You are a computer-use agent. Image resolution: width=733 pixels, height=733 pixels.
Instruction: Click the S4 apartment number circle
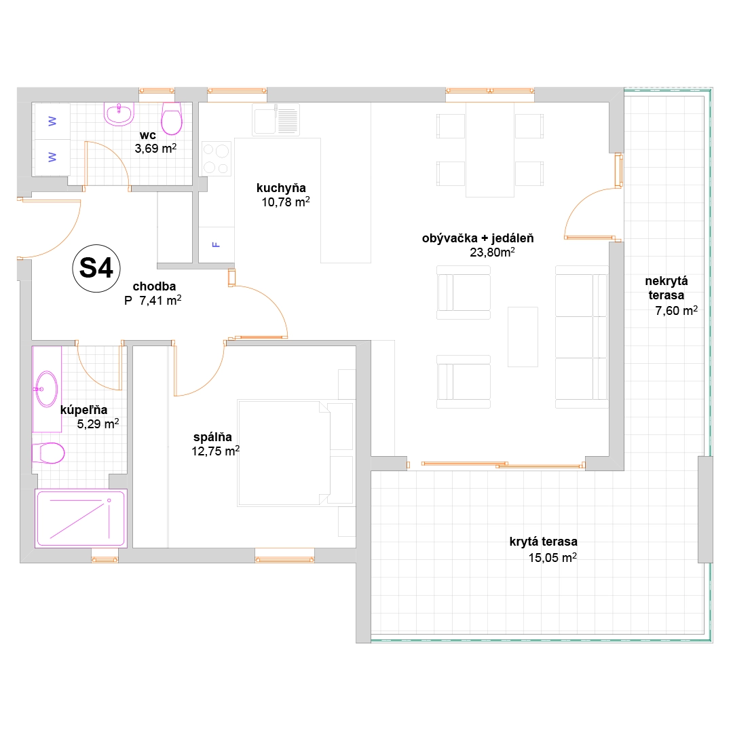[x=96, y=268]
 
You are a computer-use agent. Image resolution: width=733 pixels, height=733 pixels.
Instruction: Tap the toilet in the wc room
[x=172, y=119]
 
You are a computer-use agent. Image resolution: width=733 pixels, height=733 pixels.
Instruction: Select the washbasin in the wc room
[x=119, y=114]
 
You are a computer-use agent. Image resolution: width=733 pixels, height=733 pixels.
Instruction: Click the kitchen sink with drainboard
[x=276, y=119]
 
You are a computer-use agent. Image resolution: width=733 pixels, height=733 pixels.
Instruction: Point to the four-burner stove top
[x=217, y=158]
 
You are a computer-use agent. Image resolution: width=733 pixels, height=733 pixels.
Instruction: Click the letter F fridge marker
[x=216, y=244]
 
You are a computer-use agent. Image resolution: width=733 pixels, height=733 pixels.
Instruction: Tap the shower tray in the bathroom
[x=81, y=518]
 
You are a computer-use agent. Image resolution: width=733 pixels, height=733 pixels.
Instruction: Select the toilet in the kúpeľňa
[x=48, y=453]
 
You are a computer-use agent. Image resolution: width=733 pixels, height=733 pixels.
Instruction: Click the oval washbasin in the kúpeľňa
[x=47, y=389]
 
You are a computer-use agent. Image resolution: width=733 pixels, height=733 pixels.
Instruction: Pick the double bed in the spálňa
[x=284, y=453]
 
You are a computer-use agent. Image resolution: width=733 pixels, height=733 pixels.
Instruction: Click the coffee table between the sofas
[x=523, y=337]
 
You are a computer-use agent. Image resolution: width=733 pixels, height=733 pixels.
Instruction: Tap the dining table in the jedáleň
[x=490, y=149]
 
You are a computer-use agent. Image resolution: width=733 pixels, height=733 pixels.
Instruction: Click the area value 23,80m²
[x=492, y=252]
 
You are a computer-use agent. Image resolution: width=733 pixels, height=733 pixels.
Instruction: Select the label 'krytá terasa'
[x=543, y=542]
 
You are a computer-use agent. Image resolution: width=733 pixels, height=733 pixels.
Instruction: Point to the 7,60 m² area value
[x=677, y=310]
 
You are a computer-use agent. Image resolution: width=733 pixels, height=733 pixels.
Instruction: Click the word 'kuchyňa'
[x=281, y=188]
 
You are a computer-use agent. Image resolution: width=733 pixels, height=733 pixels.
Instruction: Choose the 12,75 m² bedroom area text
[x=216, y=451]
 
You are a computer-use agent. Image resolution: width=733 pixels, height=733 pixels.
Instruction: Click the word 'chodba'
[x=154, y=286]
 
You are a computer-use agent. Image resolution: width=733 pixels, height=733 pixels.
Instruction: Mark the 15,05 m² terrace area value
[x=552, y=558]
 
